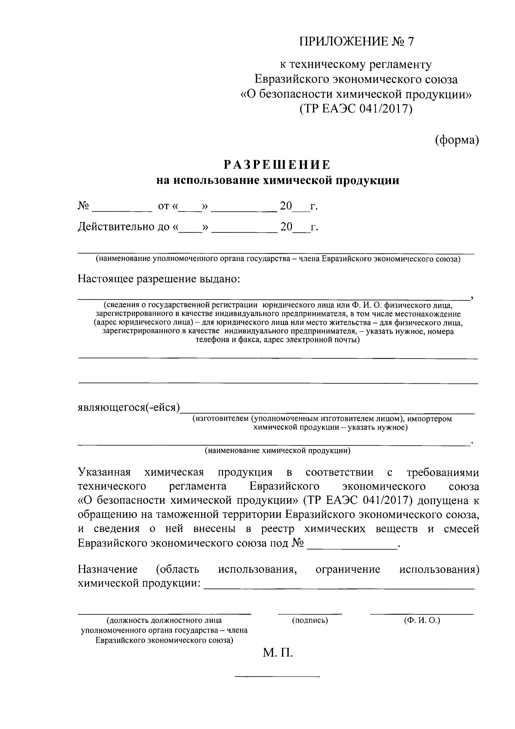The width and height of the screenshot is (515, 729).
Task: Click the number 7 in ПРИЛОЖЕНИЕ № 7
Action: [411, 42]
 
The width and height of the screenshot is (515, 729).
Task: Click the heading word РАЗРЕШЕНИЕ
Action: [277, 165]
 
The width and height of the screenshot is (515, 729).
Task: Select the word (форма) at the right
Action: [457, 140]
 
